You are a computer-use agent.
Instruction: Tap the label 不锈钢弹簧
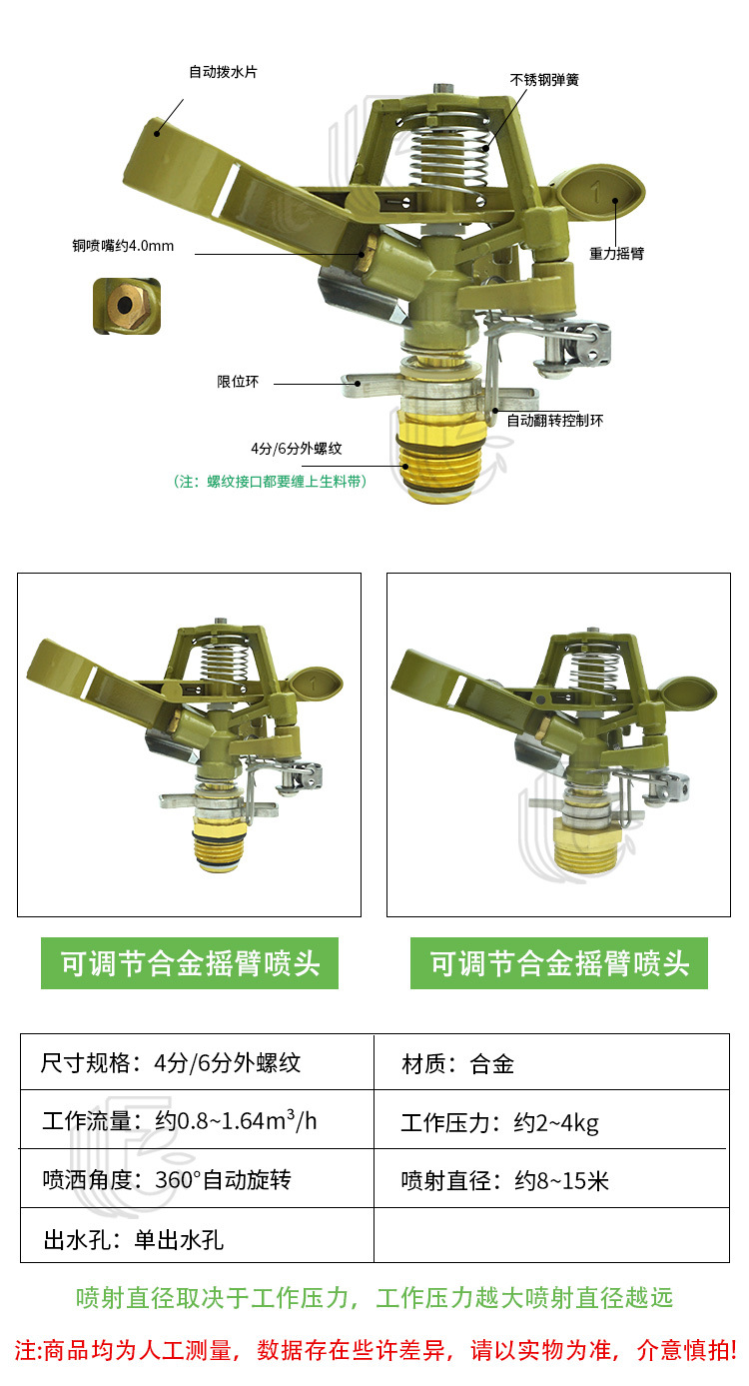pyautogui.click(x=544, y=79)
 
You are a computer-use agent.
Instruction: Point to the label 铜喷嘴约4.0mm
pyautogui.click(x=123, y=245)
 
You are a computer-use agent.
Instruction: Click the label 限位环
pyautogui.click(x=238, y=382)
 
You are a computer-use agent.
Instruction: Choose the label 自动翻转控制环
pyautogui.click(x=554, y=420)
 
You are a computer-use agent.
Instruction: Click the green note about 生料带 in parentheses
pyautogui.click(x=271, y=482)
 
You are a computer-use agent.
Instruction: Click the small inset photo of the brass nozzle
pyautogui.click(x=127, y=306)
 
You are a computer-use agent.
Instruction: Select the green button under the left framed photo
pyautogui.click(x=190, y=963)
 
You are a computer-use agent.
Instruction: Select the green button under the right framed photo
pyautogui.click(x=559, y=963)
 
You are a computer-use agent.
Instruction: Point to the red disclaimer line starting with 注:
pyautogui.click(x=374, y=1350)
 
